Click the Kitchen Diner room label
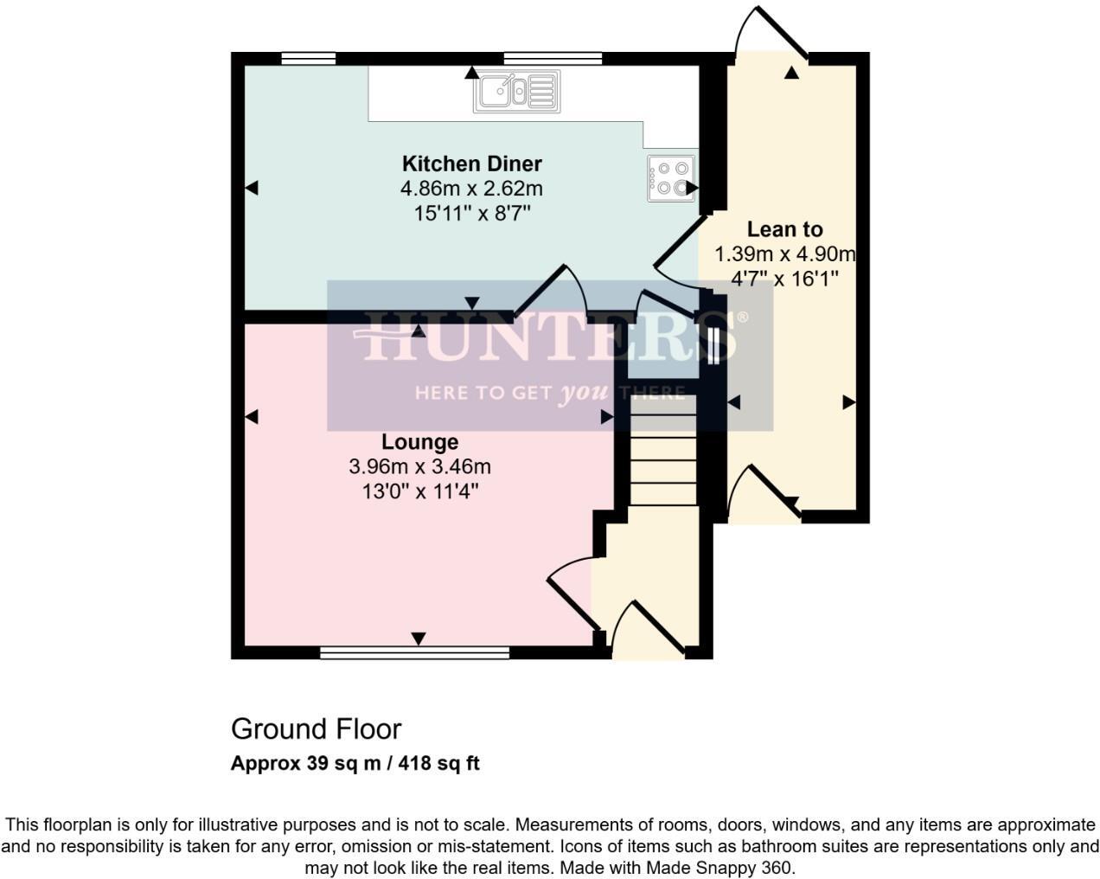click(471, 164)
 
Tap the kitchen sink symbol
click(515, 92)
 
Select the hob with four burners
click(671, 179)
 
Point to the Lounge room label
click(420, 442)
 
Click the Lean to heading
click(784, 229)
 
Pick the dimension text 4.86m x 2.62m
click(471, 189)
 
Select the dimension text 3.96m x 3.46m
click(420, 467)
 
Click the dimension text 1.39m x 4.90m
click(784, 254)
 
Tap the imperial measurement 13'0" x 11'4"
click(420, 491)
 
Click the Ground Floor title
click(316, 729)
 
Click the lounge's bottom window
click(414, 653)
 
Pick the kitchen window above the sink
click(553, 59)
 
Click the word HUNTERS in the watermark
click(550, 337)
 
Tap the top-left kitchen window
click(308, 59)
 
